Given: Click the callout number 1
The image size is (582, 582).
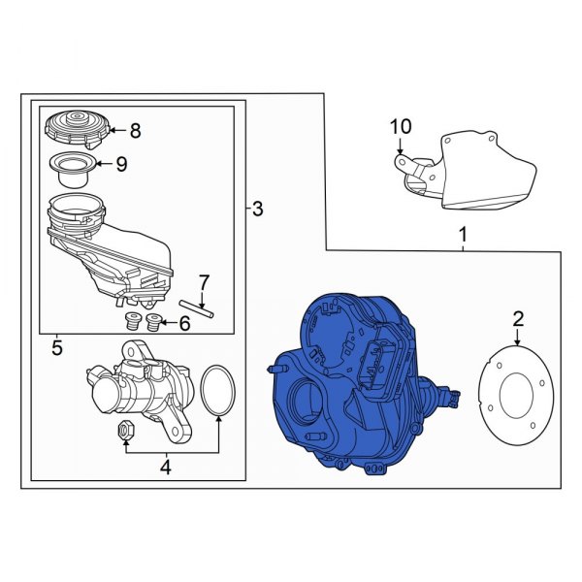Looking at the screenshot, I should tap(463, 235).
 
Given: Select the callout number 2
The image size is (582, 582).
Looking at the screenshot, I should tap(518, 318).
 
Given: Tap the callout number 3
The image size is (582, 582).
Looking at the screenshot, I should tap(257, 208).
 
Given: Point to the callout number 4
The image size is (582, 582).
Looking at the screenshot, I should tap(165, 468).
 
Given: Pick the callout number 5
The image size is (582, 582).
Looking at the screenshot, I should tap(57, 346).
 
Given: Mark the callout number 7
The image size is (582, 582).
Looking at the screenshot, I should tap(203, 282).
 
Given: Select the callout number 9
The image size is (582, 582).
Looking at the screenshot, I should tap(121, 164).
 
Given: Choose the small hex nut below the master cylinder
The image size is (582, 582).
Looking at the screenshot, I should tap(124, 430).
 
